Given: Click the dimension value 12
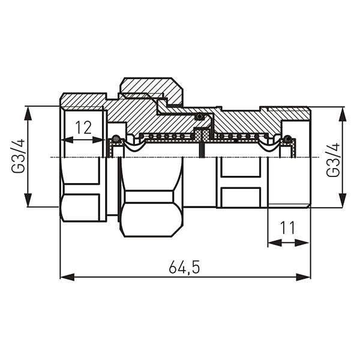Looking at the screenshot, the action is (x=83, y=128).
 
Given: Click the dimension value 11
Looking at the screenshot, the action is (x=287, y=227).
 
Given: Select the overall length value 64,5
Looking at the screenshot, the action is (x=184, y=267).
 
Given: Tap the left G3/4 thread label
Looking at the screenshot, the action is (x=18, y=156).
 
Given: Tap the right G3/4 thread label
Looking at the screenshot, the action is (x=333, y=160).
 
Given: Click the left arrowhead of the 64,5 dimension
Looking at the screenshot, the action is (x=67, y=277).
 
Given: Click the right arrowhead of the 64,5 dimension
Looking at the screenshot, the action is (x=303, y=277).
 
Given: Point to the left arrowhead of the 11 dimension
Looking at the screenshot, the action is (x=275, y=242).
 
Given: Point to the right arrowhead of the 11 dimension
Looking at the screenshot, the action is (x=302, y=242).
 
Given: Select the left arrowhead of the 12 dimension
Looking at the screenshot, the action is (x=67, y=140).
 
